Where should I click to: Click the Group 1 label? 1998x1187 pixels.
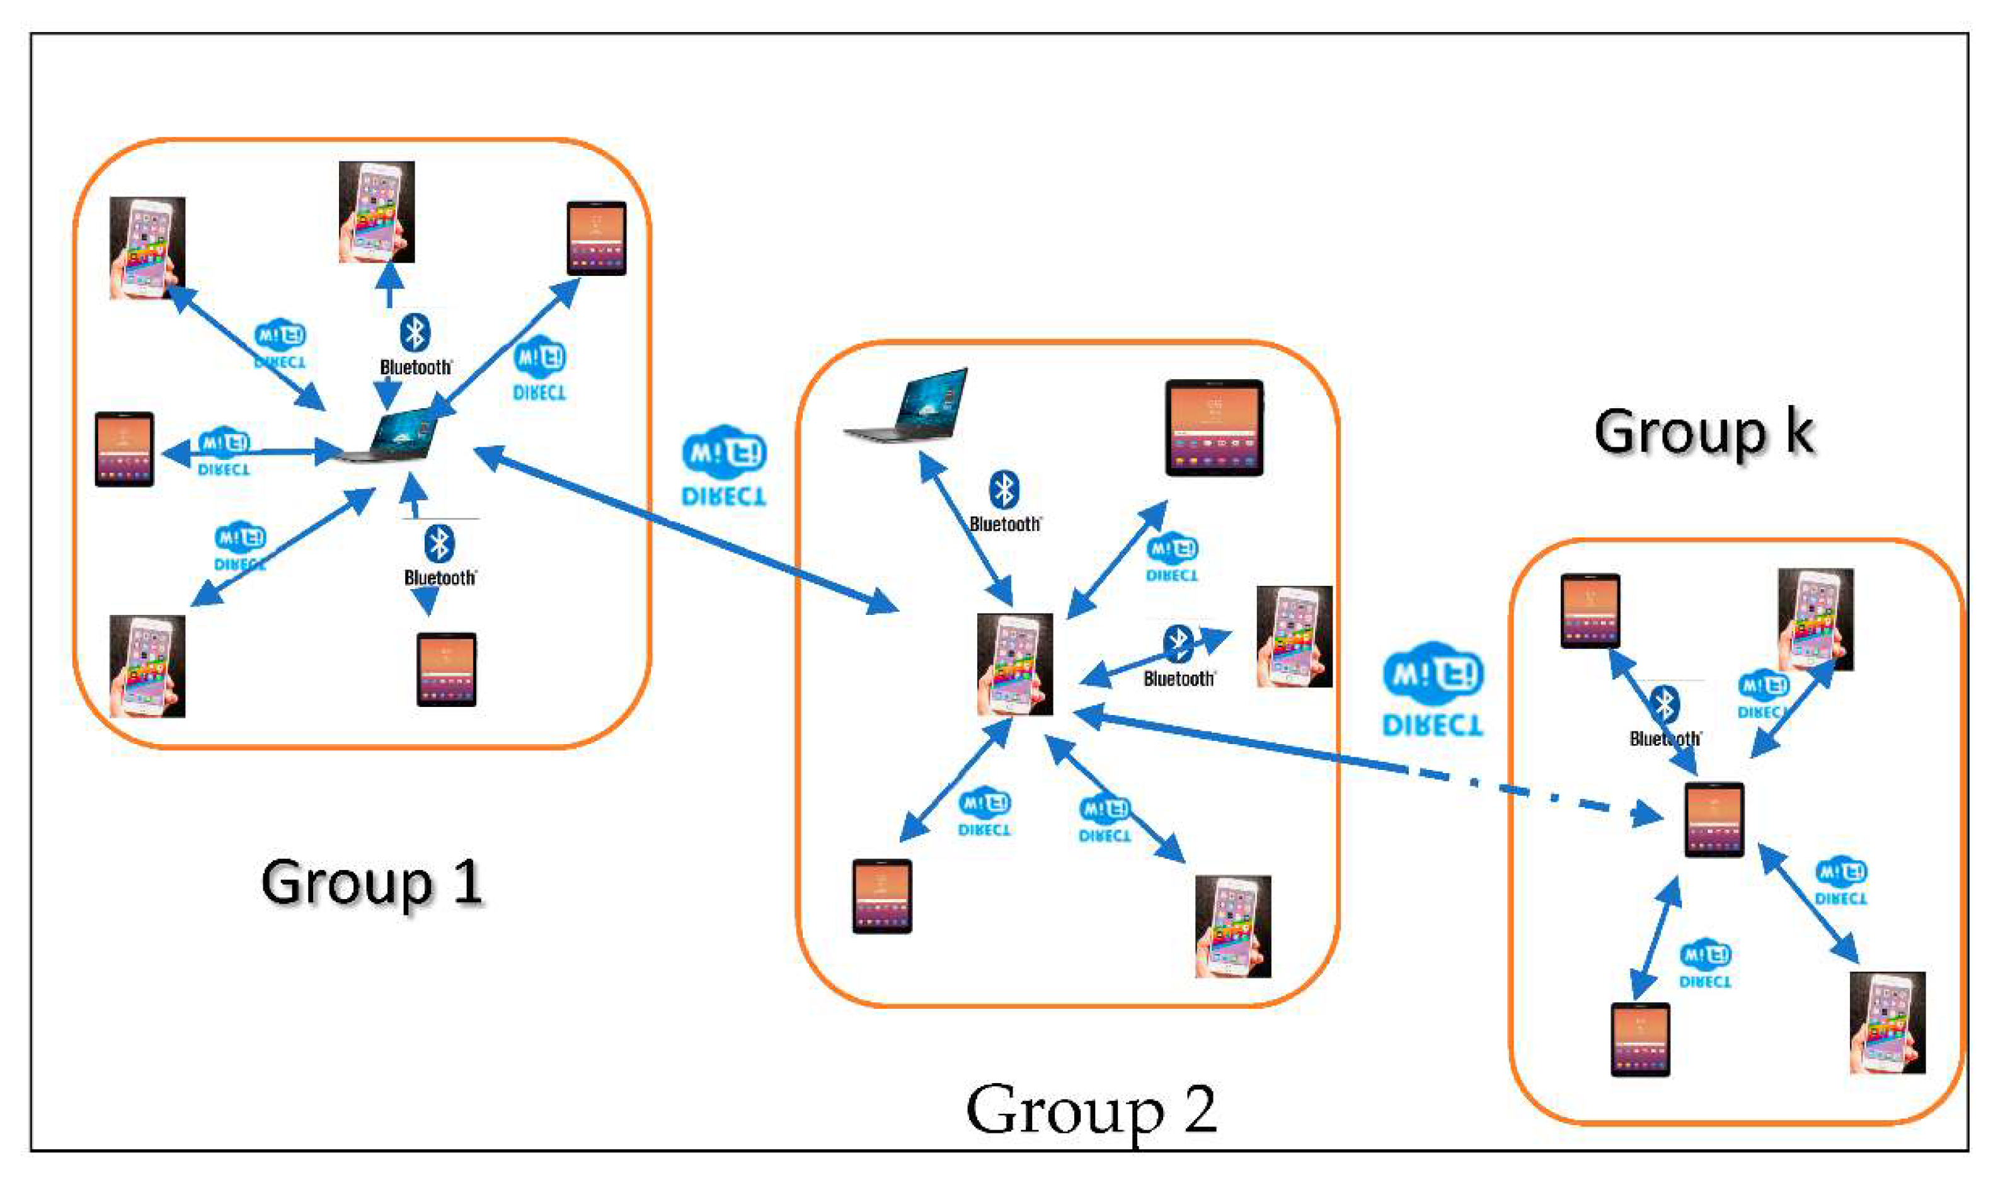[x=372, y=882]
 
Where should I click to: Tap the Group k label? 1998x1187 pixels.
[x=1704, y=432]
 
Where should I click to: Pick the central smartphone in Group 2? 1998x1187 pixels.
[x=1014, y=664]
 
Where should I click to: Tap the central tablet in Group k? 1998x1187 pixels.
[x=1713, y=820]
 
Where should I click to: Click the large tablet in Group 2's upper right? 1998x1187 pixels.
[x=1214, y=428]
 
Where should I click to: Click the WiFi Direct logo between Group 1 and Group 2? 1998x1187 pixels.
[x=724, y=466]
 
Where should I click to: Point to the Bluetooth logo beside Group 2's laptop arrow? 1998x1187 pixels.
[x=1004, y=490]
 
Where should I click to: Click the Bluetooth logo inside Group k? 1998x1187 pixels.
[x=1665, y=704]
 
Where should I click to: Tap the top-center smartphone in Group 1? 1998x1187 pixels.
[x=376, y=212]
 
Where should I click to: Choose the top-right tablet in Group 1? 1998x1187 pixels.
[x=596, y=238]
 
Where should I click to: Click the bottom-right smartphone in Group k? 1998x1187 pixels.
[x=1887, y=1022]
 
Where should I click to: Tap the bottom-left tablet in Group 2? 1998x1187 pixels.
[x=881, y=896]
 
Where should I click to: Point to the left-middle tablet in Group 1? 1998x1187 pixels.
[x=124, y=449]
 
